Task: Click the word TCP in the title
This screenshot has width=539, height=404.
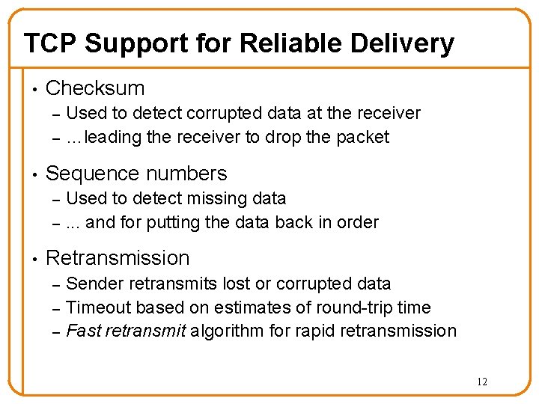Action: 50,43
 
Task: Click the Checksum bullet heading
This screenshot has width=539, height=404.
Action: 95,88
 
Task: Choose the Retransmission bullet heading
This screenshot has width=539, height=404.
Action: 118,258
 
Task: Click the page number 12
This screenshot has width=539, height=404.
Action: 481,382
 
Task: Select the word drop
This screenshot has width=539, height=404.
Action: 284,138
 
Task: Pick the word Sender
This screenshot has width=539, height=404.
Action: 95,284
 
